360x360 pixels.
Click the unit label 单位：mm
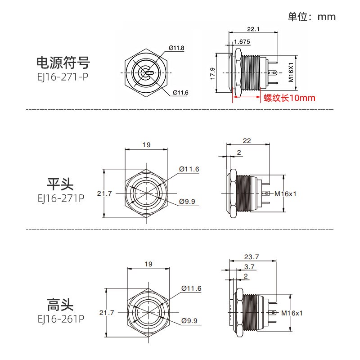(311, 17)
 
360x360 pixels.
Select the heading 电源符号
(63, 62)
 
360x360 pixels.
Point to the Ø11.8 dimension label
(176, 48)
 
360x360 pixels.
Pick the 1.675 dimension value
(242, 42)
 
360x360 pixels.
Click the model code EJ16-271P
(60, 198)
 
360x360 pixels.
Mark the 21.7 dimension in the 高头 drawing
(105, 312)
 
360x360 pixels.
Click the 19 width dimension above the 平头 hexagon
(146, 145)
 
